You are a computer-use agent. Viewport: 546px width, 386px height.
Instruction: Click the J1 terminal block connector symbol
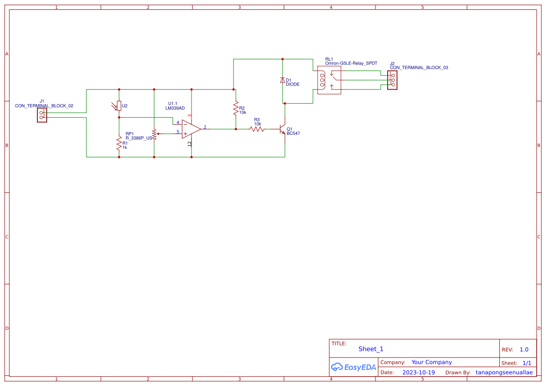pyautogui.click(x=42, y=115)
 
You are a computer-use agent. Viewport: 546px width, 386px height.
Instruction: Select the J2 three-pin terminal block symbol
pyautogui.click(x=392, y=80)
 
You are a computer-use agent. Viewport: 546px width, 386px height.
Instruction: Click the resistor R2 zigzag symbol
pyautogui.click(x=236, y=109)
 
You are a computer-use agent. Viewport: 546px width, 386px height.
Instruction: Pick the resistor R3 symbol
pyautogui.click(x=257, y=129)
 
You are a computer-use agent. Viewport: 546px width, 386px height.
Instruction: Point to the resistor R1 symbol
pyautogui.click(x=119, y=144)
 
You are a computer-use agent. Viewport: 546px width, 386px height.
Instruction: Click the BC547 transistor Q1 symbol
pyautogui.click(x=282, y=129)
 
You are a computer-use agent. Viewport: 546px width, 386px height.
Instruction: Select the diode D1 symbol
pyautogui.click(x=282, y=80)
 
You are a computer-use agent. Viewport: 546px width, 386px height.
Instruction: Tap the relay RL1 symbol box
pyautogui.click(x=329, y=80)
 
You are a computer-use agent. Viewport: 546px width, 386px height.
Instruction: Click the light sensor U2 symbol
pyautogui.click(x=119, y=106)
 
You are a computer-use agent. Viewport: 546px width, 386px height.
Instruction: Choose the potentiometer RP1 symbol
pyautogui.click(x=154, y=133)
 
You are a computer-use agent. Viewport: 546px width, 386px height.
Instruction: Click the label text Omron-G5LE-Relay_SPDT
pyautogui.click(x=351, y=63)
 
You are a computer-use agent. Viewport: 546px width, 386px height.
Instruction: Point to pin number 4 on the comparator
pyautogui.click(x=178, y=122)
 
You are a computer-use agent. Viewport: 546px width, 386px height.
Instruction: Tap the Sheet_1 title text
pyautogui.click(x=371, y=349)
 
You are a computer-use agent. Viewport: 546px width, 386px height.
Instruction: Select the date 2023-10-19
pyautogui.click(x=418, y=372)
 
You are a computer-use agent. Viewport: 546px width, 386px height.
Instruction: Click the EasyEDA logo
pyautogui.click(x=353, y=367)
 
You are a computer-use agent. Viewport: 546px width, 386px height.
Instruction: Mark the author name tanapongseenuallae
pyautogui.click(x=504, y=372)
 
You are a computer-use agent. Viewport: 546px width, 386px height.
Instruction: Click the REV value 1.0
pyautogui.click(x=524, y=350)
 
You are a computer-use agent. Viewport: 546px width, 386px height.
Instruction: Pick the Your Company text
pyautogui.click(x=432, y=362)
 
